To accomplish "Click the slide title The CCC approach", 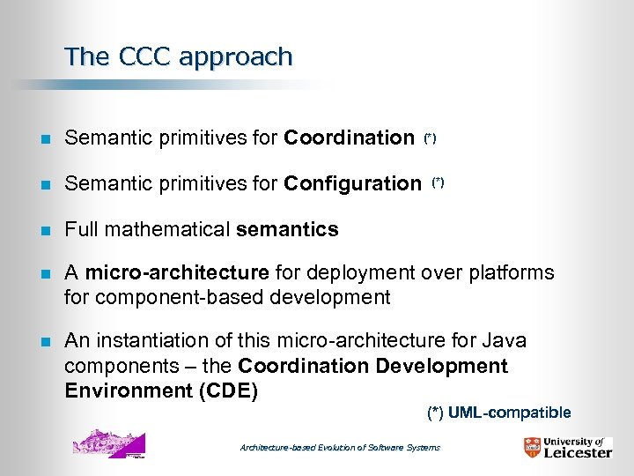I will [x=178, y=57].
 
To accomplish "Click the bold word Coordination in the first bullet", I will [x=349, y=138].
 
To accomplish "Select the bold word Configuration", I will [x=352, y=183].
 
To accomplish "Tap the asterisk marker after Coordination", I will [x=430, y=138].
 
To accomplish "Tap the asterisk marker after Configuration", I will [x=438, y=182].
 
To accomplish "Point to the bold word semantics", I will [x=287, y=230].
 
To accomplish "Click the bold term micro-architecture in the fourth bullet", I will [x=176, y=272].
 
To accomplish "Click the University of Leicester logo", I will [x=567, y=447].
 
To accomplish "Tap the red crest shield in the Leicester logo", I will [x=532, y=448].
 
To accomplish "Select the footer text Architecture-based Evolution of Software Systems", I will [x=340, y=448].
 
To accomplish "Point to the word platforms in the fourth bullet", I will [x=517, y=272].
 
